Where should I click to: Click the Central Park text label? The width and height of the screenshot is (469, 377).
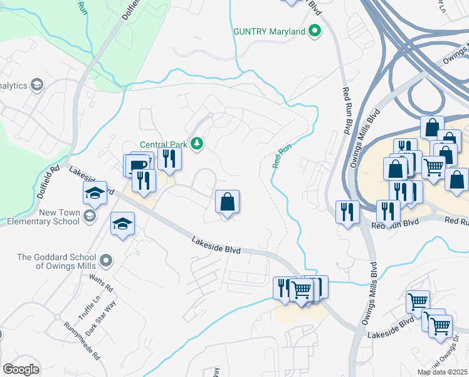tap(164, 144)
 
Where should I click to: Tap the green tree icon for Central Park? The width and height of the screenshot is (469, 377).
tap(197, 144)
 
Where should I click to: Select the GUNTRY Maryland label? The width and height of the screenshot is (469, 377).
tap(269, 31)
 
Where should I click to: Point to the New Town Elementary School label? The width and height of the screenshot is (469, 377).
tap(42, 217)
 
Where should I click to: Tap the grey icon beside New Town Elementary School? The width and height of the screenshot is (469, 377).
tap(90, 216)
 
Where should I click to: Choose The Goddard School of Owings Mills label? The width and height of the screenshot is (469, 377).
tap(56, 261)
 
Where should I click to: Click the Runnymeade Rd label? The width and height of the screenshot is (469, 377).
tap(82, 341)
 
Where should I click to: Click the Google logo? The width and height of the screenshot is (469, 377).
tap(21, 369)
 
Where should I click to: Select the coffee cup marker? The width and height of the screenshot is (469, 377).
tap(138, 165)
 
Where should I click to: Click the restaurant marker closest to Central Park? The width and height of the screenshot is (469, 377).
tap(168, 158)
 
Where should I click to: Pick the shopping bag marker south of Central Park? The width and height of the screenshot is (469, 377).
tap(228, 202)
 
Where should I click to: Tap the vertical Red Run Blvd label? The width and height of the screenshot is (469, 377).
tap(346, 110)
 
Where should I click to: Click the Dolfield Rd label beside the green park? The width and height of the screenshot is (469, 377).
tap(48, 182)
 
